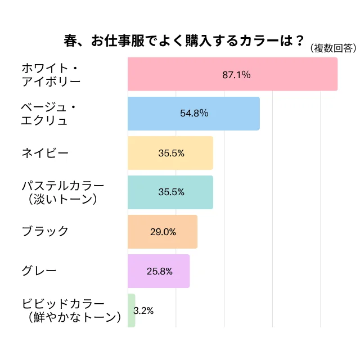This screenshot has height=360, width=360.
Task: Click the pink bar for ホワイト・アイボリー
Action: click(232, 74)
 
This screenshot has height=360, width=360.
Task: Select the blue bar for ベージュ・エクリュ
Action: click(193, 114)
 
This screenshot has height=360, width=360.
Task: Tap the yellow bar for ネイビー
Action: click(170, 153)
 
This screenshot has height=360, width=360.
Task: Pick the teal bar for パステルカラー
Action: click(170, 192)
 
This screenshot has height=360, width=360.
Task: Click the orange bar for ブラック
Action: click(163, 232)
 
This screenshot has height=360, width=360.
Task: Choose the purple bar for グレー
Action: click(159, 271)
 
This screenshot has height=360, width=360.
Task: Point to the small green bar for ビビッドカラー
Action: click(132, 310)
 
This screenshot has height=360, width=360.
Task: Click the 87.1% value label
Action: click(236, 74)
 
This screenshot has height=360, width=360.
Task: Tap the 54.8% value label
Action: click(194, 114)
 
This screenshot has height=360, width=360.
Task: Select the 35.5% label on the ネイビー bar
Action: click(171, 153)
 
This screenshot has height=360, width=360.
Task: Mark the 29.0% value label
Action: click(163, 232)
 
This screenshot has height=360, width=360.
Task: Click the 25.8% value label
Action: click(159, 271)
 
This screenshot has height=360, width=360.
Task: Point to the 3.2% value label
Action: click(144, 310)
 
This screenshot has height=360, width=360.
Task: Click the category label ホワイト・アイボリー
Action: click(51, 74)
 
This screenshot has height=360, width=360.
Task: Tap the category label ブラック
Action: click(44, 231)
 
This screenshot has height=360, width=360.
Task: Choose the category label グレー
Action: click(39, 271)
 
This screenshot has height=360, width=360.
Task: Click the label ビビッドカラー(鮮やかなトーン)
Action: click(71, 310)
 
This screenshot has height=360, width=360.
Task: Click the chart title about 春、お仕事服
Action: click(182, 42)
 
